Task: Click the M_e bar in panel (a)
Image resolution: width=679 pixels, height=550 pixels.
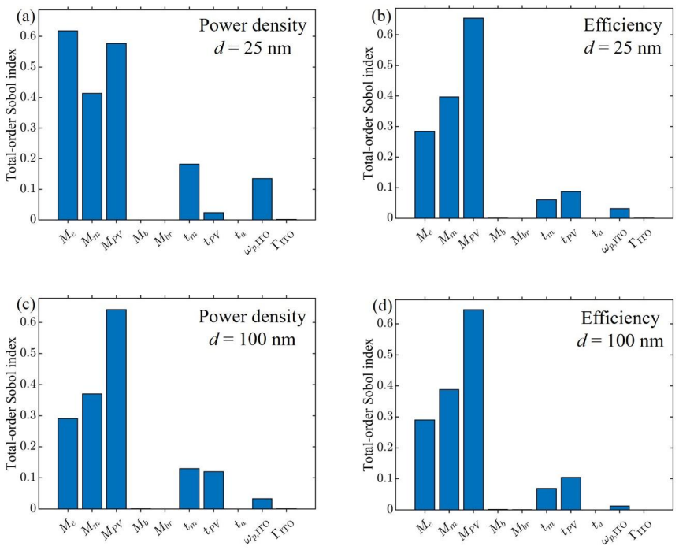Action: coord(68,125)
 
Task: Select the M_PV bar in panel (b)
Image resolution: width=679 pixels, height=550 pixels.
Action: coord(473,118)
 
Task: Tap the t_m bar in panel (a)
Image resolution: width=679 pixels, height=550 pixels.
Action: coord(189,191)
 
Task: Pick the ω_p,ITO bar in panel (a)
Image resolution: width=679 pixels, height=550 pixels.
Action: coord(262,199)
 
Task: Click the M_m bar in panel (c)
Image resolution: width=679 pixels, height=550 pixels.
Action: coord(92,452)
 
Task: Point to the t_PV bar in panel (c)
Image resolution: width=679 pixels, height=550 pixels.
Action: coord(213,490)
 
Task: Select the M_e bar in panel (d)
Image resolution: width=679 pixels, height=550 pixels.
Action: coord(425,465)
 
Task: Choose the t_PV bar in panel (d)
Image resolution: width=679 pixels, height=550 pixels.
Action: coord(571,493)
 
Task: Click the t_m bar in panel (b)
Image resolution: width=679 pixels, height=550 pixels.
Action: coord(547,209)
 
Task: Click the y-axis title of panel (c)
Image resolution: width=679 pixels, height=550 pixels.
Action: coord(11,403)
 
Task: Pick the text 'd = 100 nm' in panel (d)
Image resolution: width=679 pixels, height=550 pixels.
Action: coord(620,340)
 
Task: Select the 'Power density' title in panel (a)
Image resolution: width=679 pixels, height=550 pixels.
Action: coord(253,25)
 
